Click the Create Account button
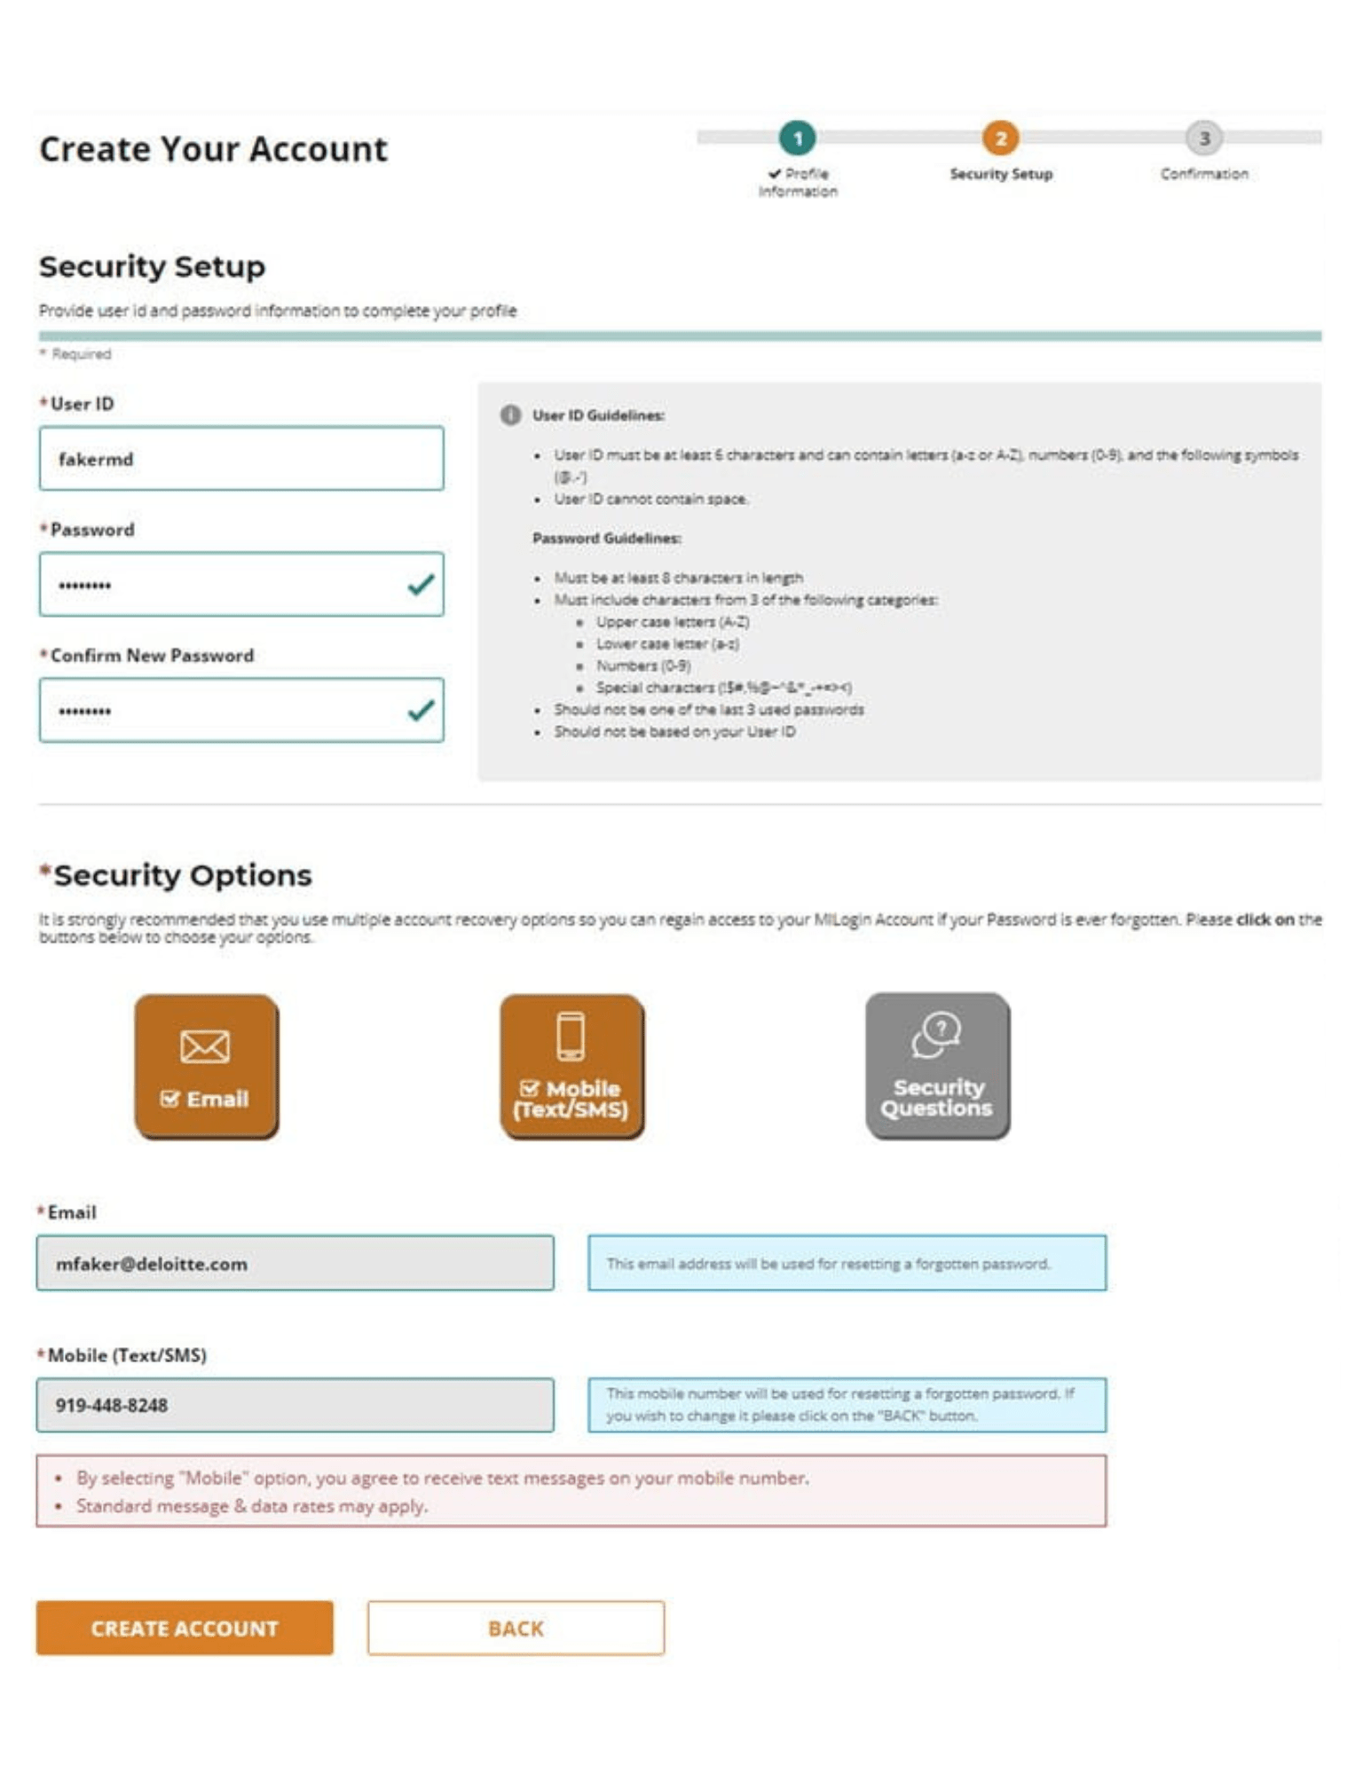185,1627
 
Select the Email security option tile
206,1065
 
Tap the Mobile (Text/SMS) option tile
571,1065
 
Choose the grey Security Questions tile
937,1065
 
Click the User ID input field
240,459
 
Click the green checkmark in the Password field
421,584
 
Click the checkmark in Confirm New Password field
421,710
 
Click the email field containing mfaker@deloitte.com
295,1263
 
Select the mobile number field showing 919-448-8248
295,1404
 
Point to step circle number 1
797,138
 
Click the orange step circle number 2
1000,138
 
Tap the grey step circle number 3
1203,138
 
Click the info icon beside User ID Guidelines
510,414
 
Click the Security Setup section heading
152,266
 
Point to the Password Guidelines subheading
606,538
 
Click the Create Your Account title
213,149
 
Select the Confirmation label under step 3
1203,174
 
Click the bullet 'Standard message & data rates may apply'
252,1506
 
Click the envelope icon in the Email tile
205,1045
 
